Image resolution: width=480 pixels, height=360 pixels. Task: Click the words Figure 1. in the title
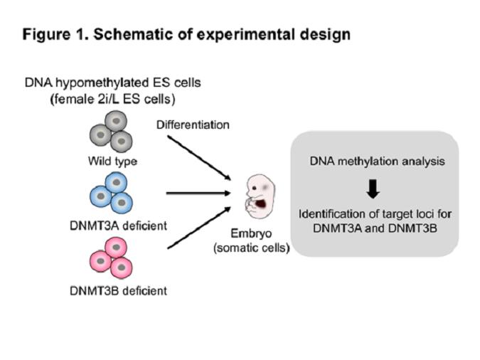click(x=51, y=33)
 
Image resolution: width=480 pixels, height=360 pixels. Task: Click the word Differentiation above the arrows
click(x=193, y=125)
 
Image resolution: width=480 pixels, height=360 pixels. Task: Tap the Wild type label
click(x=112, y=161)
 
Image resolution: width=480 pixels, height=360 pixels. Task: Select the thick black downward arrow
click(x=373, y=187)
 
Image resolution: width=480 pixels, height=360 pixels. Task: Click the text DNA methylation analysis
click(x=377, y=161)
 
